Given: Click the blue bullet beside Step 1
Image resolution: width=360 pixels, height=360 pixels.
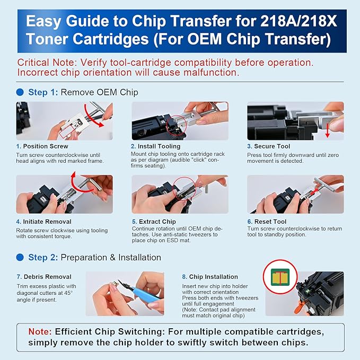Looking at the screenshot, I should [20, 92].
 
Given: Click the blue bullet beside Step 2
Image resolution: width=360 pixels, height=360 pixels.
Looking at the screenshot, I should [20, 257].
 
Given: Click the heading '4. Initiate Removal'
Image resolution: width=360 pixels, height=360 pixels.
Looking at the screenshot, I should [43, 221].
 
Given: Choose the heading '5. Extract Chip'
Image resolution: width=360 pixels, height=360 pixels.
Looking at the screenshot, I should [155, 221].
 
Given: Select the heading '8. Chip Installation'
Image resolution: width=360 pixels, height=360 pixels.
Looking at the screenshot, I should [209, 277].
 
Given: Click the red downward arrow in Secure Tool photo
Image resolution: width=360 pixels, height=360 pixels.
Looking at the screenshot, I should [327, 129].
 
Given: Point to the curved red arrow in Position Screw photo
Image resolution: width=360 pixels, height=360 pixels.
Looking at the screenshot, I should [100, 116].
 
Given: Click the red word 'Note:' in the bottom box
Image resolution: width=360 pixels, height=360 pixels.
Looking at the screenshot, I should [40, 331].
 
